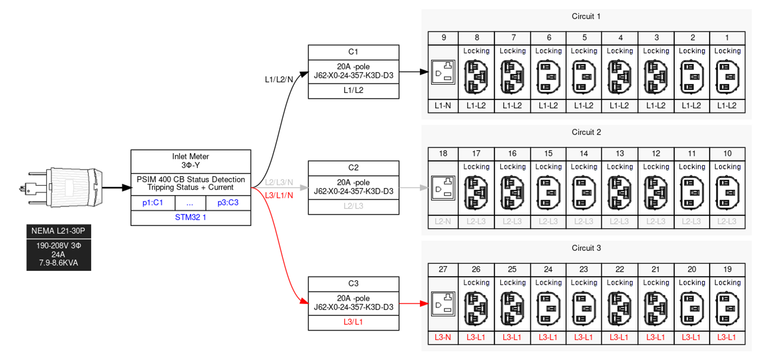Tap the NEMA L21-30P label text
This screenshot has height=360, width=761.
[58, 231]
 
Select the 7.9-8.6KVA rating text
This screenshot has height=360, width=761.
[58, 263]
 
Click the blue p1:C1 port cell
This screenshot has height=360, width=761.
[153, 203]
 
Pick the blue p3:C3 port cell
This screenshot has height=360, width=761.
[228, 203]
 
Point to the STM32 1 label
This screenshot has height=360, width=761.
[190, 217]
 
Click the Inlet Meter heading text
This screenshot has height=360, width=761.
[190, 156]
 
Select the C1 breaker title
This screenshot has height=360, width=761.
[353, 52]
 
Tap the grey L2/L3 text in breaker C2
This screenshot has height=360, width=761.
[353, 206]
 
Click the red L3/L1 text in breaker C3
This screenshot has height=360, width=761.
[353, 322]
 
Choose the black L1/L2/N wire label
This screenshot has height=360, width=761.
[279, 79]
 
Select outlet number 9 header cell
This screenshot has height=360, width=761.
[443, 38]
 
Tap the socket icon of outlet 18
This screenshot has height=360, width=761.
[443, 188]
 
